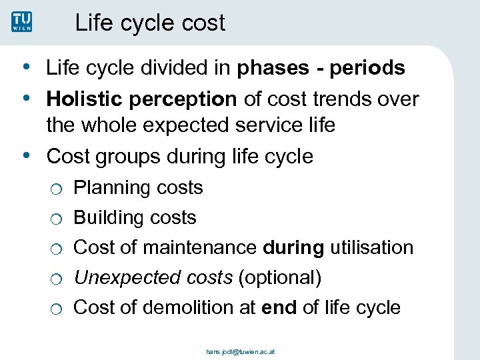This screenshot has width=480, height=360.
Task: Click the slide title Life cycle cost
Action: [150, 23]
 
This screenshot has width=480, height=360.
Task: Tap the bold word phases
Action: [271, 69]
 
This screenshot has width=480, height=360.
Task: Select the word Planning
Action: [110, 189]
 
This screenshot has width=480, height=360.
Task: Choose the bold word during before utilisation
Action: [294, 248]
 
